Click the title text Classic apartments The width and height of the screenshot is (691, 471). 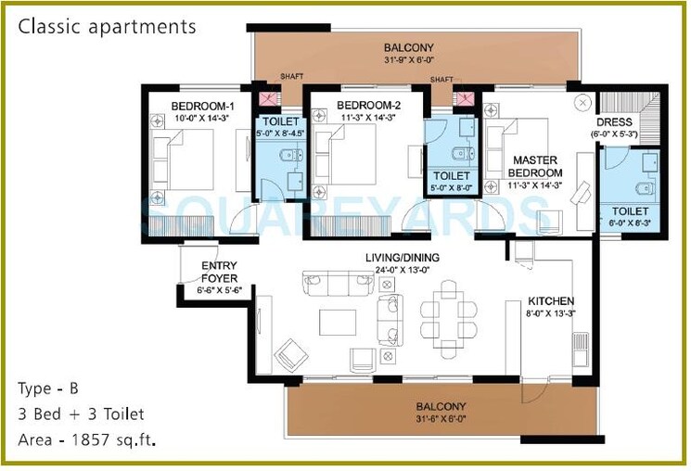108,26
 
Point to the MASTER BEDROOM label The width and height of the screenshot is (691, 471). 538,167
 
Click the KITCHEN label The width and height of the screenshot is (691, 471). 551,301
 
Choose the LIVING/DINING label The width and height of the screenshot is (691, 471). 403,258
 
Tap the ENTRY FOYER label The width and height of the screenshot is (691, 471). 219,272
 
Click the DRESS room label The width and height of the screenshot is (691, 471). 615,121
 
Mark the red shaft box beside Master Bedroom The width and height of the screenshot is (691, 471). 461,98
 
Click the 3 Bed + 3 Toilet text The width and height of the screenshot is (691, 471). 81,414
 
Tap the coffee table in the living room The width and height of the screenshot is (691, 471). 337,321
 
